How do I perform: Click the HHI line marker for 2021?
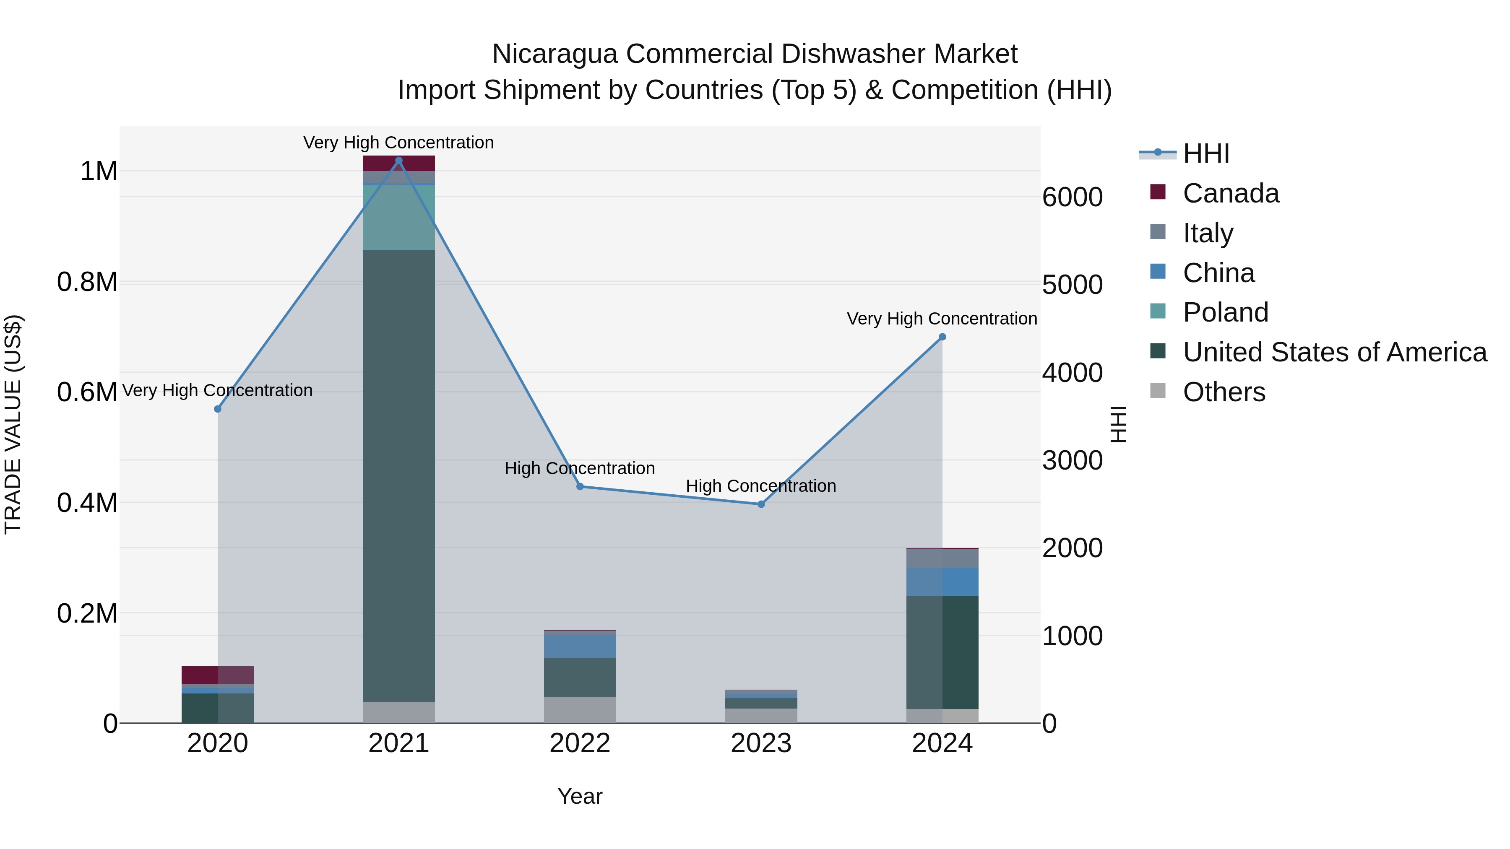point(398,161)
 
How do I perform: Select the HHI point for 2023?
point(761,504)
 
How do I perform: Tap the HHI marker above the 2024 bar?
point(942,337)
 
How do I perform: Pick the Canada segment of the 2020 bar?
point(217,675)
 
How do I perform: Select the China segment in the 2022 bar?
point(580,646)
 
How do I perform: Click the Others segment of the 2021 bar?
point(398,712)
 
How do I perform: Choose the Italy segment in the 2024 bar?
point(942,558)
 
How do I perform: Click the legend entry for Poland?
point(1225,312)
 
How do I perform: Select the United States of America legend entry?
point(1334,352)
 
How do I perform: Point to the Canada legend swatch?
point(1158,192)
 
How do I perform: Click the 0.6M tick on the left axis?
point(87,392)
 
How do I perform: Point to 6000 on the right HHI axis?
point(1072,197)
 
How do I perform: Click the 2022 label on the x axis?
point(580,743)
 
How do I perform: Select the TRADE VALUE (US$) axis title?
point(13,424)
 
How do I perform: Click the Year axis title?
point(580,796)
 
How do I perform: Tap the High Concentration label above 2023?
point(761,486)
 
